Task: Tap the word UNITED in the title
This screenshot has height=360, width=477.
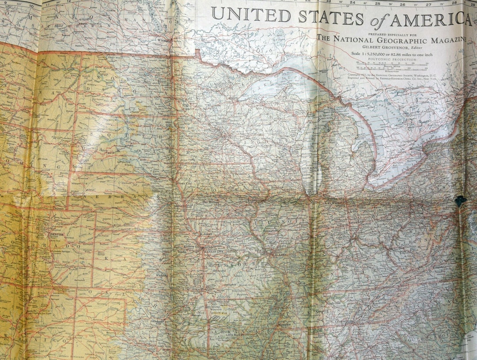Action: (250, 15)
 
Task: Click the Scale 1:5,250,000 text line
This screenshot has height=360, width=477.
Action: (391, 53)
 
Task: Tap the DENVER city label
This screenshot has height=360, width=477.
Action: (57, 234)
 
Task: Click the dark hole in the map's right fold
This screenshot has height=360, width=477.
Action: (460, 201)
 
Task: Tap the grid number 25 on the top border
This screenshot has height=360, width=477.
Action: (377, 4)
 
